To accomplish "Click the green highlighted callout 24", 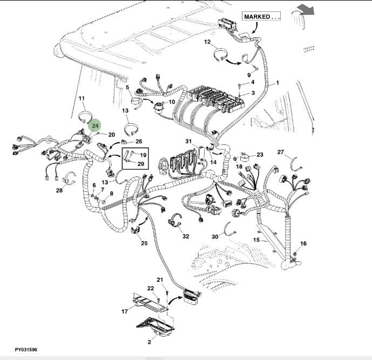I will pos(95,126).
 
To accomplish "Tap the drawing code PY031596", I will pos(26,350).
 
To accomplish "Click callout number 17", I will pos(124,311).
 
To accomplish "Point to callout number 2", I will pos(149,342).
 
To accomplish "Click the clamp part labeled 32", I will pos(175,222).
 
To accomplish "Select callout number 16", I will pos(303,244).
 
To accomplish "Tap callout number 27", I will pos(280,152).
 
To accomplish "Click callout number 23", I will pos(260,155).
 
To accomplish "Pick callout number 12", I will pos(207,42).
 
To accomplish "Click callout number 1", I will pos(278,83).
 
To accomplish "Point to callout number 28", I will pos(59,190).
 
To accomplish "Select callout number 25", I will pos(144,243).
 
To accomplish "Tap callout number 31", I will pos(188,142).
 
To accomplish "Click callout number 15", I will pos(257,239).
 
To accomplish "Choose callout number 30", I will pos(214,237).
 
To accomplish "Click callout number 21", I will pos(160,279).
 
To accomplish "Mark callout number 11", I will pos(82,99).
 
